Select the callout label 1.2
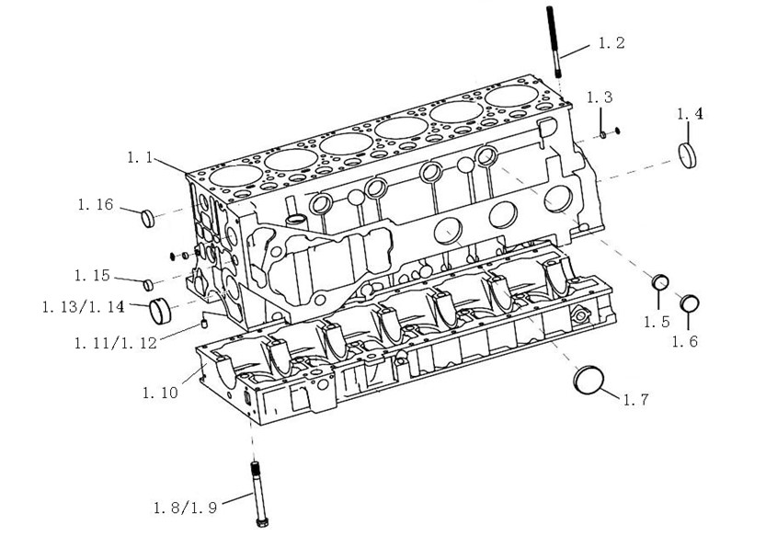(612, 43)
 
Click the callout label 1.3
(600, 97)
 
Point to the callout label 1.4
(690, 115)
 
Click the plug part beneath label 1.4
(690, 154)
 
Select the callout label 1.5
(657, 321)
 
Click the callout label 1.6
(685, 341)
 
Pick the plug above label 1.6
(690, 302)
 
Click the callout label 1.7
(636, 399)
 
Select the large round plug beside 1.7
(587, 379)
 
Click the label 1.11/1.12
(116, 343)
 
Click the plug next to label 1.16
(146, 217)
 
